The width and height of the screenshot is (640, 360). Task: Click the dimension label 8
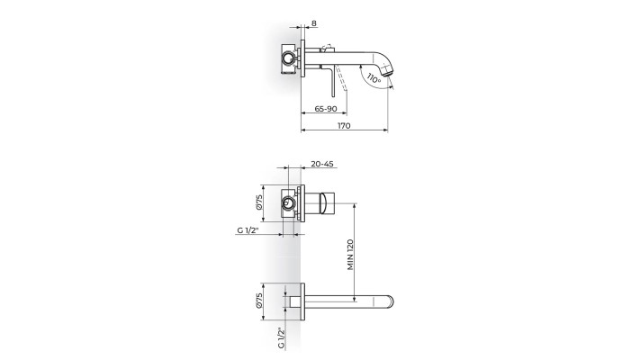[313, 23]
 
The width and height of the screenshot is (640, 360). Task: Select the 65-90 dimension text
[326, 109]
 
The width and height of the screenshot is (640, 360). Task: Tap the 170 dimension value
[344, 126]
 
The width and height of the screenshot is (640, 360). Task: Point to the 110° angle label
[374, 78]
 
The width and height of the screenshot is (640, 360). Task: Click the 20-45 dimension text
[322, 164]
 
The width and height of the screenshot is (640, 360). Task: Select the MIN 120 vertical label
[351, 255]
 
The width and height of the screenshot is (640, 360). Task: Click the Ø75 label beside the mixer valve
[258, 202]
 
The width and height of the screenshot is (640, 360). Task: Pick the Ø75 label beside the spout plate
[258, 301]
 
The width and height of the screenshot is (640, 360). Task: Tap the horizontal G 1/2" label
[248, 230]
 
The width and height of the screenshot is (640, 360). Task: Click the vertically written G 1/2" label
[281, 337]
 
